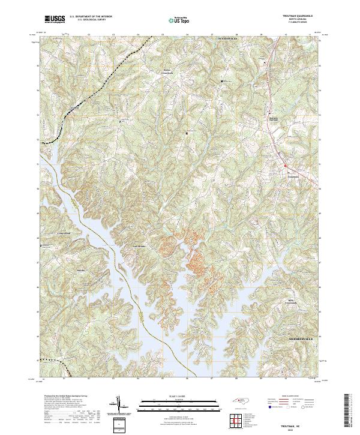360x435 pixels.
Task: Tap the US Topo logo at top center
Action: point(182,20)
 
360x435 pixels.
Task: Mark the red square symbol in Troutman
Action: point(286,166)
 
